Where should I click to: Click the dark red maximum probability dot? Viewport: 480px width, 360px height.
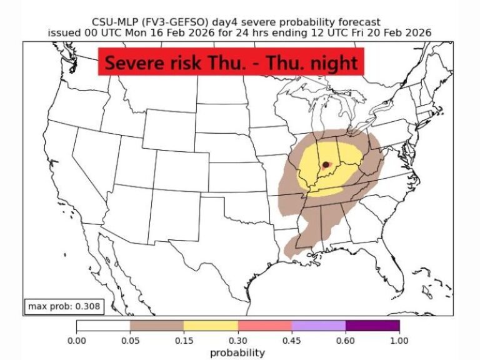pos(326,164)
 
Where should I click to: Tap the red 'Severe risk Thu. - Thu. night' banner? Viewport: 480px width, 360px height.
pos(231,64)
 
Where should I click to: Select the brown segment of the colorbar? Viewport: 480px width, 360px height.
pos(157,326)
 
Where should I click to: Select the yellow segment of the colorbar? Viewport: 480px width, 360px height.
pos(211,326)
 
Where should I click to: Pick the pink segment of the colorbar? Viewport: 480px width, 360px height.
pos(264,326)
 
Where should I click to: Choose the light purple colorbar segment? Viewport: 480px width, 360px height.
pos(318,326)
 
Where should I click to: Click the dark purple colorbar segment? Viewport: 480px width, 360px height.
pos(372,326)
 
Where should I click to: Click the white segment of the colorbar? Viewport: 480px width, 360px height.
pos(103,326)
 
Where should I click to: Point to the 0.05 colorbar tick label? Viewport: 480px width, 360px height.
pos(130,341)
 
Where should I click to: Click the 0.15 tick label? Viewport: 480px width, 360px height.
pos(184,341)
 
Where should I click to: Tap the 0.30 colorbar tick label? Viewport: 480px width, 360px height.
pos(237,341)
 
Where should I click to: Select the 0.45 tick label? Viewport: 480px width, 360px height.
pos(291,341)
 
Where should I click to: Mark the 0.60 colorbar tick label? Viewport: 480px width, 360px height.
pos(345,341)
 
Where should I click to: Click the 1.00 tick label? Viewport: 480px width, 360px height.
pos(399,341)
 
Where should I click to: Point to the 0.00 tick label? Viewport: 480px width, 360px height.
pos(76,341)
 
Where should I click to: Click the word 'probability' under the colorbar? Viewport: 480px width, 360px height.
pos(237,352)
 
